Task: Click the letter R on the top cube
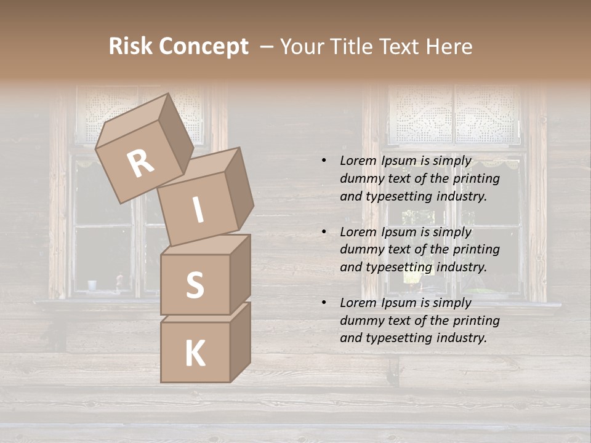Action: pos(140,164)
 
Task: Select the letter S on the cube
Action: pos(195,285)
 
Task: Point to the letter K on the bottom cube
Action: pos(195,353)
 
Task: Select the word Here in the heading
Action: pos(450,47)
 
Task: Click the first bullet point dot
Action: pos(324,161)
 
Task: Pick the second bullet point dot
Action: pos(324,232)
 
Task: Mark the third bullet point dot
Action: pos(324,303)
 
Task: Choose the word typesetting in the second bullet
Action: pos(398,267)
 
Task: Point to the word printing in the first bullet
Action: pos(476,179)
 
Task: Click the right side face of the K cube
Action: pos(240,341)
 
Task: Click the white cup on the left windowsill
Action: pos(92,285)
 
